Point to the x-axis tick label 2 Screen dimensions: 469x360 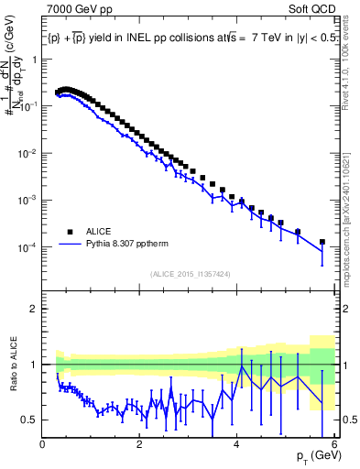(x=140, y=444)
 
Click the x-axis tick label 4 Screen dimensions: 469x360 (x=237, y=444)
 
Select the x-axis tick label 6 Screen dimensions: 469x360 (x=334, y=444)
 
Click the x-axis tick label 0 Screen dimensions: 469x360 (x=43, y=444)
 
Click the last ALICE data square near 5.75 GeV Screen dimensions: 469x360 (x=322, y=242)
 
